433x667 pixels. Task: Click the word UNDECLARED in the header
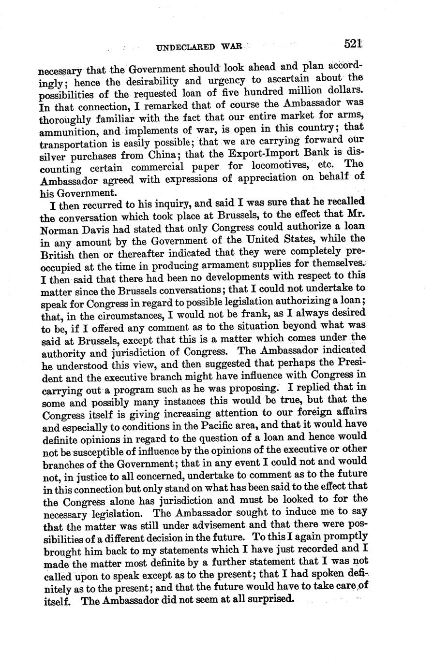click(186, 47)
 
